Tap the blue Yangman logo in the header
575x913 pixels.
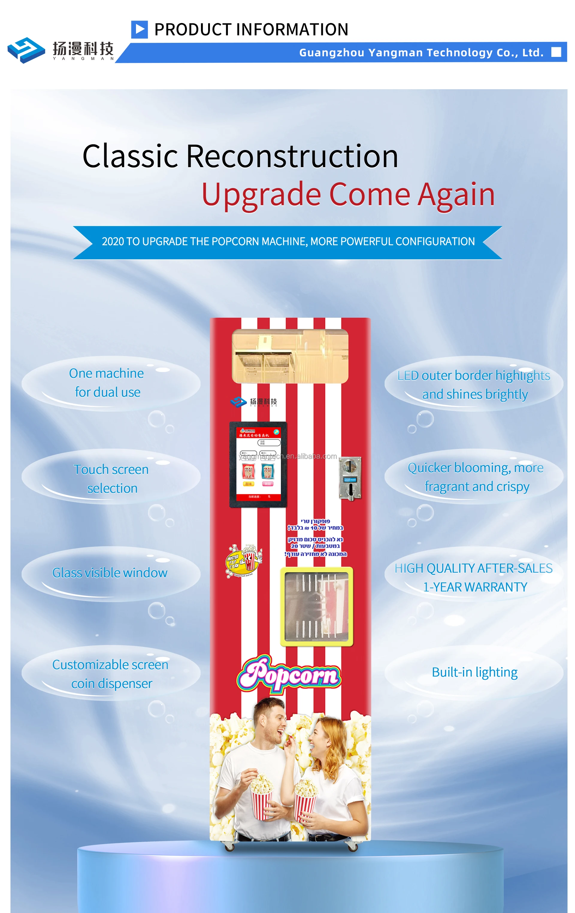point(26,50)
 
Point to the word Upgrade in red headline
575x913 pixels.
point(261,195)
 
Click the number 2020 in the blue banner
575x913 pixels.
point(112,242)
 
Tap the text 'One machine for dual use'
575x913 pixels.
point(107,383)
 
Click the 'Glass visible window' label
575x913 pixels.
point(110,573)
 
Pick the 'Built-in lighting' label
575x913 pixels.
point(474,672)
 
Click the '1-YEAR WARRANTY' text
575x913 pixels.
point(475,587)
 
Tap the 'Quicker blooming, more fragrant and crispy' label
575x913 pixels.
point(476,477)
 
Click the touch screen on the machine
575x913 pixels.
point(258,464)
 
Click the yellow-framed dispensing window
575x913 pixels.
point(317,606)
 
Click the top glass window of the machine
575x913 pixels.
point(290,356)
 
